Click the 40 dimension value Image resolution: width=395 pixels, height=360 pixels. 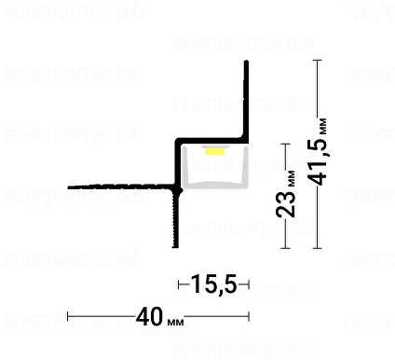(x=149, y=316)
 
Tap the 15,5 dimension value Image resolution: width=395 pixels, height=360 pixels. (x=214, y=284)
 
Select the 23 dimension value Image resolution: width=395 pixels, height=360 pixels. (x=285, y=203)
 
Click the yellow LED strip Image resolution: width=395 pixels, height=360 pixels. (x=215, y=151)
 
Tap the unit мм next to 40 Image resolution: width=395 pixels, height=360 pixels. (x=175, y=322)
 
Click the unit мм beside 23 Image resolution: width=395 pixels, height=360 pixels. (x=292, y=179)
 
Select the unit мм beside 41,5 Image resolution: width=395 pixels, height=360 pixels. (x=323, y=126)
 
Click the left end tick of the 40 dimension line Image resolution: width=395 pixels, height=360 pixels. (x=68, y=316)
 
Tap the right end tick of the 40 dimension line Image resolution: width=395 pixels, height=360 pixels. (x=249, y=316)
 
